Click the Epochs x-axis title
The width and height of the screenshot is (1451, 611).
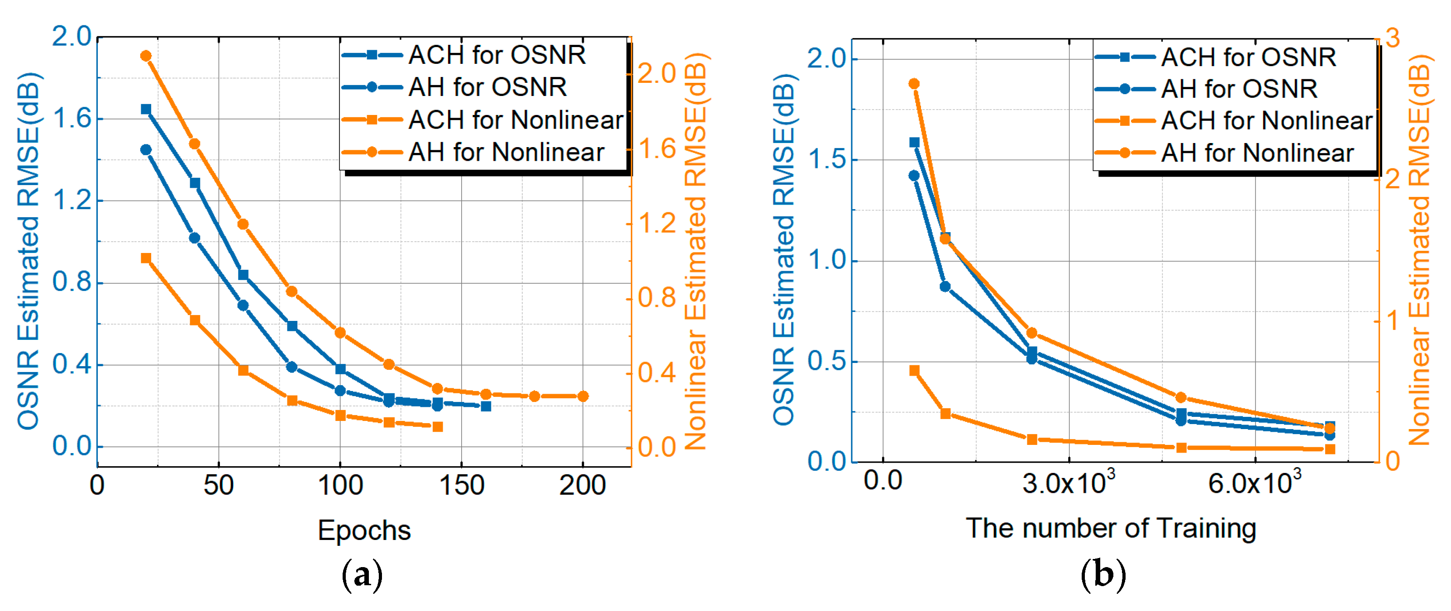coord(364,530)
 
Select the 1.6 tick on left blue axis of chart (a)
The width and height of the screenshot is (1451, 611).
coord(72,119)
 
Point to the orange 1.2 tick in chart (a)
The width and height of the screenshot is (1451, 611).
coord(656,224)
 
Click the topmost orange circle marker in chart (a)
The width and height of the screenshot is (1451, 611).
coord(146,56)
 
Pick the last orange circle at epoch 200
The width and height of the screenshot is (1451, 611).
coord(583,396)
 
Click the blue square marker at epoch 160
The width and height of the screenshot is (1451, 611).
coord(486,406)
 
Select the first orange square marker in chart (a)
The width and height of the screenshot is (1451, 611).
coord(146,258)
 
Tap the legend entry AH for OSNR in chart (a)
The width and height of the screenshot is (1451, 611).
coord(487,87)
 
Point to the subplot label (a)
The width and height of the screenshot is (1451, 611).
coord(362,575)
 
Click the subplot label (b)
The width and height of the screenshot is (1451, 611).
coord(1103,575)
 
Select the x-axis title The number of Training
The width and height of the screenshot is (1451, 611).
coord(1111,529)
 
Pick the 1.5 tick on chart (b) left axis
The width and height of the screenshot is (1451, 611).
coord(826,160)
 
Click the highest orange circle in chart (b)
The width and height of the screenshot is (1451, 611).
coord(914,84)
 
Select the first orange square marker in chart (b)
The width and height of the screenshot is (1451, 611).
coord(914,371)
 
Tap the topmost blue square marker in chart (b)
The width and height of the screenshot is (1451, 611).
coord(914,143)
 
